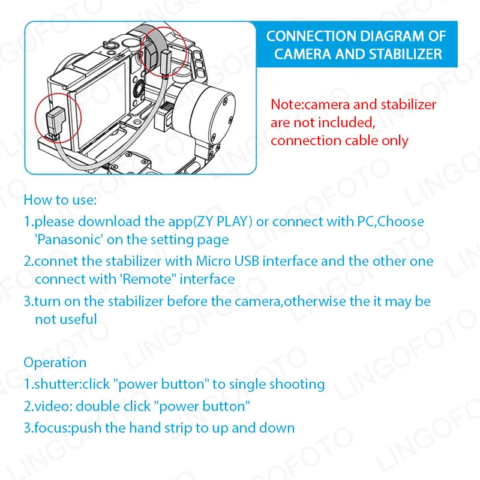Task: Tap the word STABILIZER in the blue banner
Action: [x=406, y=54]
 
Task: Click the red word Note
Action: [x=286, y=104]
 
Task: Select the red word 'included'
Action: [x=347, y=122]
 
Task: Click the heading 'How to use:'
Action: [x=60, y=200]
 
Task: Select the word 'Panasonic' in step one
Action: [x=69, y=239]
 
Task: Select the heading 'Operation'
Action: [x=55, y=363]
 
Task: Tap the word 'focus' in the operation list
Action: [x=52, y=428]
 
